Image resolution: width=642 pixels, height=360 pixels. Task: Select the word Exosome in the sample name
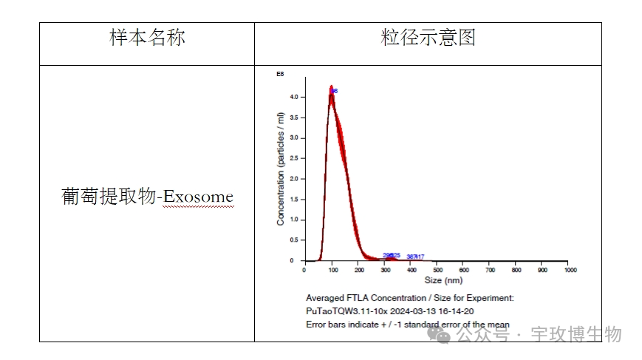198,197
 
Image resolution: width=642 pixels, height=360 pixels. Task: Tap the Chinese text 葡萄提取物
109,197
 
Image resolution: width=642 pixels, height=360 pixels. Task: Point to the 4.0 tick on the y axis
293,97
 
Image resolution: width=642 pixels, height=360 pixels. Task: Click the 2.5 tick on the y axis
293,158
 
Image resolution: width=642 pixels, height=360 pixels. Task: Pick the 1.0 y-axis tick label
293,220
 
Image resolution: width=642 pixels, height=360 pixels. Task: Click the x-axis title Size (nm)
443,280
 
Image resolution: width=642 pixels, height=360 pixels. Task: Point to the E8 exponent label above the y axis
280,75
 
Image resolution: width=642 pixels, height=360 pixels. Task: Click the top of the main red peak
332,87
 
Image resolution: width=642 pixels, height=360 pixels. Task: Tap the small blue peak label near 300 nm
392,255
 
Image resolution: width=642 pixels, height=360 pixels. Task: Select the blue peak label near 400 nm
415,257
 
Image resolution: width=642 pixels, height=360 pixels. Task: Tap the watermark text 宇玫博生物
576,335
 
